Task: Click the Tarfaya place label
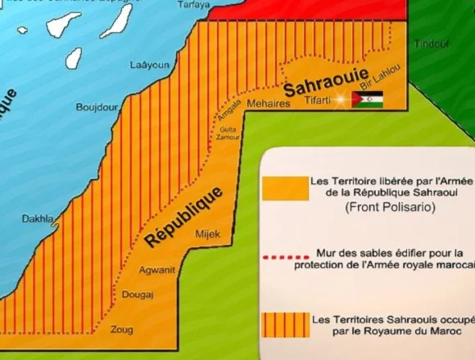pyautogui.click(x=193, y=3)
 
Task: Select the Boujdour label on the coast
pyautogui.click(x=97, y=107)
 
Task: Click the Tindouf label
pyautogui.click(x=431, y=44)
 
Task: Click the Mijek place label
pyautogui.click(x=208, y=235)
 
